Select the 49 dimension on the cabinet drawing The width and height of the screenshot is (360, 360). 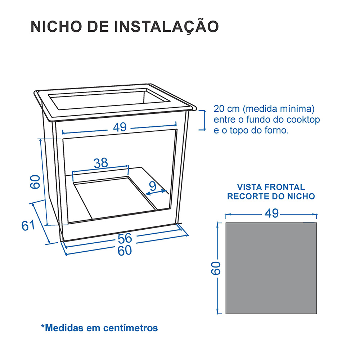(120, 127)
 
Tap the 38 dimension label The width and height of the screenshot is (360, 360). (101, 163)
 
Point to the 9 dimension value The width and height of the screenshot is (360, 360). (153, 186)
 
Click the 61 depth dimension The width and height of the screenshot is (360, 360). (28, 225)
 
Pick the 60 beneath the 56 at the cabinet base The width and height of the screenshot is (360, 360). (125, 251)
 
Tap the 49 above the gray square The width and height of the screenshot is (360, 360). (271, 213)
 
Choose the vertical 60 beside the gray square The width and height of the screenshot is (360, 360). (215, 268)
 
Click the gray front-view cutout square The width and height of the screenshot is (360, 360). (271, 268)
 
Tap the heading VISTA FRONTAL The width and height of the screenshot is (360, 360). (271, 187)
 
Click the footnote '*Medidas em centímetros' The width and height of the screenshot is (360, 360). (99, 328)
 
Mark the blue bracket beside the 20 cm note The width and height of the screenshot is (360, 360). (204, 120)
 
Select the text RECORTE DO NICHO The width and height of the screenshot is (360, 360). (271, 196)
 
